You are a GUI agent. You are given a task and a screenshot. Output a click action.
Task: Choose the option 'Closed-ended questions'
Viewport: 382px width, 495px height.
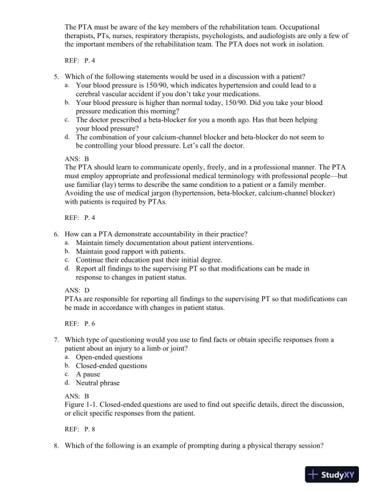pos(111,366)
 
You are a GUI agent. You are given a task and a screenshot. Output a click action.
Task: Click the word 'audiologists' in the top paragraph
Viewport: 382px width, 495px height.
pos(275,36)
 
